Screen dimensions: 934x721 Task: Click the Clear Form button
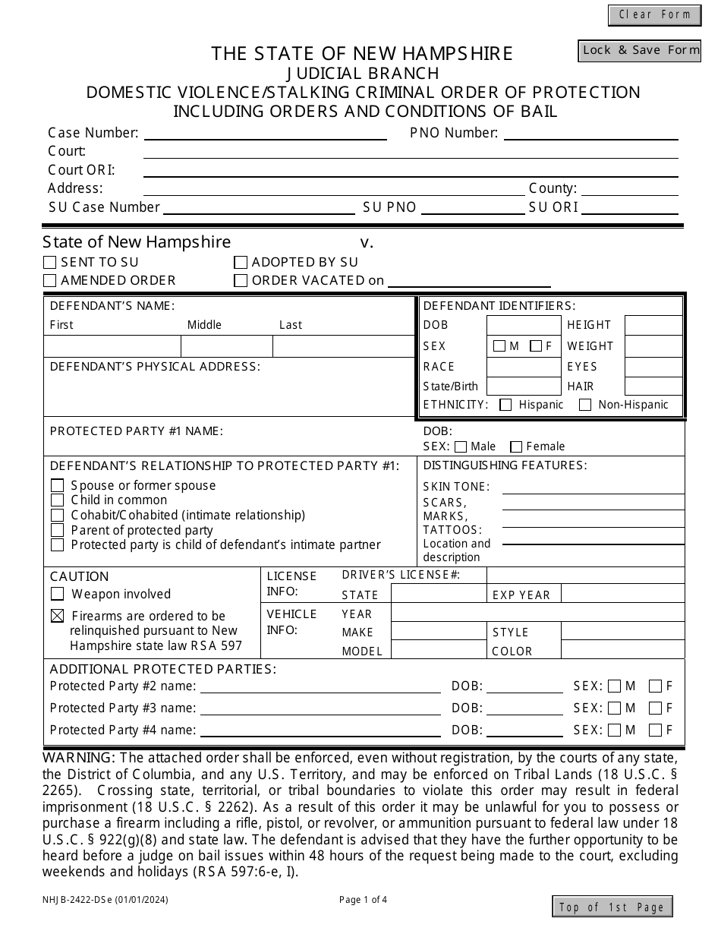point(654,14)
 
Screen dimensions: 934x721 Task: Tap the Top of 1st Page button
point(612,907)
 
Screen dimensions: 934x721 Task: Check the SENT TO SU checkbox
point(50,263)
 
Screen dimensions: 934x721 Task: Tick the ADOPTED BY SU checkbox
point(241,263)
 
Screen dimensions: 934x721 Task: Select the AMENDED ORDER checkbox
point(50,281)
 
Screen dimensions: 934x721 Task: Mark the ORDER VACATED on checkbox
point(241,281)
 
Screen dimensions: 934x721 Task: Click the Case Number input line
point(265,133)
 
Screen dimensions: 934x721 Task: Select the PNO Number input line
point(590,133)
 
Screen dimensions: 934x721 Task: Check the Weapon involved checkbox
point(57,594)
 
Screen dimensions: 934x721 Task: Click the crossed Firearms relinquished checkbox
point(57,616)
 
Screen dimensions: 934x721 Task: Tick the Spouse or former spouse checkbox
point(57,485)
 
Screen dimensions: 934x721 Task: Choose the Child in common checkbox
point(57,500)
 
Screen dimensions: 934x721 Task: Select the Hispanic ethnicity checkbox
point(505,405)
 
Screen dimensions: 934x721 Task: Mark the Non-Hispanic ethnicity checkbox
point(585,405)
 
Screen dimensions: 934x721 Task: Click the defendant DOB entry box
point(523,325)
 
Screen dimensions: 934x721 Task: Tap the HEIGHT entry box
point(653,325)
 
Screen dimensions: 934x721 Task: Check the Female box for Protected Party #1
point(516,446)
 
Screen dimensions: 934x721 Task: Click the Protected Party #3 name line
point(320,708)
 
